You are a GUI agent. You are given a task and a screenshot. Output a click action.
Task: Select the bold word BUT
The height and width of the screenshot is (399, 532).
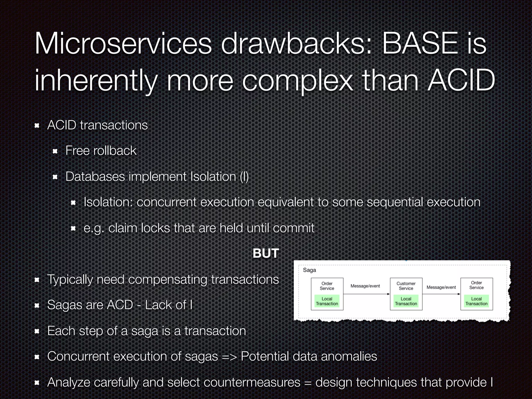(266, 253)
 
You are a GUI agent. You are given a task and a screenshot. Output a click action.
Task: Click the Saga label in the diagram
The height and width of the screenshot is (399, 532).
(309, 270)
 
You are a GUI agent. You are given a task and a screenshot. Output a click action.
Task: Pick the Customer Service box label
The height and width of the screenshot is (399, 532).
(406, 286)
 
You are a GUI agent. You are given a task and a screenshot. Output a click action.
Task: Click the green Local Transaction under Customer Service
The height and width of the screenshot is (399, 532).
(406, 301)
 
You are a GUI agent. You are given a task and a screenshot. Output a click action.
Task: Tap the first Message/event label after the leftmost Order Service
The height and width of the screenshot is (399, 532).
(365, 286)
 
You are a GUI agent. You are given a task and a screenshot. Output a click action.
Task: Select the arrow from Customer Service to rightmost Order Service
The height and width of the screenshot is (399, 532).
(441, 294)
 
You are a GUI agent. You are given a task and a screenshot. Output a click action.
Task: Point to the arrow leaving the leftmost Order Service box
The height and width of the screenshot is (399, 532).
(366, 294)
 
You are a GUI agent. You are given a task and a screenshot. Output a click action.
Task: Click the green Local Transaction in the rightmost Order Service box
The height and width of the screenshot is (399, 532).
(476, 301)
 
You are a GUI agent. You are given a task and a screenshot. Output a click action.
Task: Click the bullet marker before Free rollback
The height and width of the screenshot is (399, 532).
(55, 151)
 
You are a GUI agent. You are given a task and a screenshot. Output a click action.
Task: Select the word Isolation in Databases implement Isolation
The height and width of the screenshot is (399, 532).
(213, 177)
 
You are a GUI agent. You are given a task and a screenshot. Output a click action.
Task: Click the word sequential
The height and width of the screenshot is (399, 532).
(395, 202)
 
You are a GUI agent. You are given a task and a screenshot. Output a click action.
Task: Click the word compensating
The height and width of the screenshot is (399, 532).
(168, 280)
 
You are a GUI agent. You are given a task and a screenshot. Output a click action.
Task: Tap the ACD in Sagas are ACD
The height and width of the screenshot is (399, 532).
(120, 305)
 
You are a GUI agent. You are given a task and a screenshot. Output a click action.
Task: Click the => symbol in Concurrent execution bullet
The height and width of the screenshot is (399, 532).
(229, 357)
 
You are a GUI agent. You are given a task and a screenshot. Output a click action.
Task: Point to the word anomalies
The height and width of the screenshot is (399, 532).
(349, 356)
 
